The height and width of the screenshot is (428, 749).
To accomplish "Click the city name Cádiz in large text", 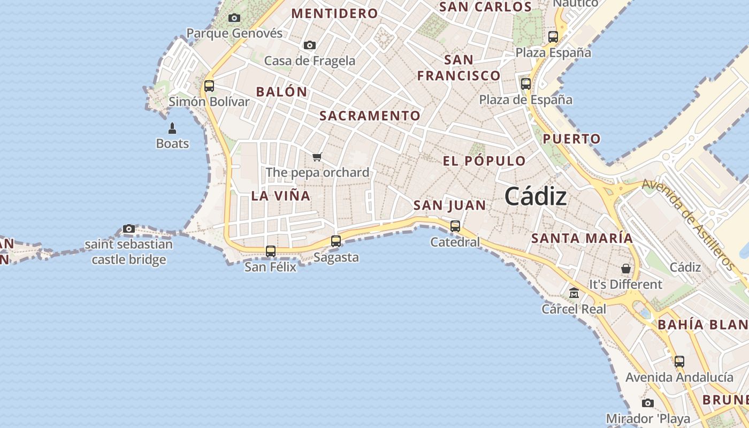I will click(536, 196).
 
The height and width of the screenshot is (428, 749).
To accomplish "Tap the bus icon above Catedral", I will click(455, 226).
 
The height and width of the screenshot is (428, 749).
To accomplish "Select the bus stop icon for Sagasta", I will click(336, 241).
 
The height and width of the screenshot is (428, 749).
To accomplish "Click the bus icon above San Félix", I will click(271, 251).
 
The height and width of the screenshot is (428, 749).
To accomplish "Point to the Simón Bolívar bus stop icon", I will click(209, 86).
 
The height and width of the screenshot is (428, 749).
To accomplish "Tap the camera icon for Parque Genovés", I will click(234, 18).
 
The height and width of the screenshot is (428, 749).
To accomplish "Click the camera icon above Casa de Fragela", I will click(310, 45).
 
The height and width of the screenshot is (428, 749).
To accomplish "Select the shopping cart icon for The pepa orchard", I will click(317, 157).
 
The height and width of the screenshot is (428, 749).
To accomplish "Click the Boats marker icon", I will click(172, 128).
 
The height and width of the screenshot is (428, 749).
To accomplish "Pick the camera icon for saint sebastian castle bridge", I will click(128, 229).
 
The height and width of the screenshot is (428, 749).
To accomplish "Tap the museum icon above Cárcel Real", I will click(574, 293).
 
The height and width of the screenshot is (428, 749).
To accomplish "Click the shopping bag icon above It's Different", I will click(625, 268).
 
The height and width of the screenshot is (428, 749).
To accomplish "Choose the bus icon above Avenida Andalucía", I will click(679, 361).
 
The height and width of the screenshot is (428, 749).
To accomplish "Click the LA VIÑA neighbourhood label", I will click(281, 196).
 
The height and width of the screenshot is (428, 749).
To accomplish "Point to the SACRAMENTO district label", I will click(370, 116).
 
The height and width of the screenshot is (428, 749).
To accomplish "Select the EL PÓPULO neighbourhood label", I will click(484, 161).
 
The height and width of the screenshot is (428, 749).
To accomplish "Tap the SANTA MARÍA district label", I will click(582, 238).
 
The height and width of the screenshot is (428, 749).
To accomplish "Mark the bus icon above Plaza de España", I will click(526, 83).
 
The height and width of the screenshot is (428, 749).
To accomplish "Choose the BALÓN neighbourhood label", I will click(281, 91).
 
